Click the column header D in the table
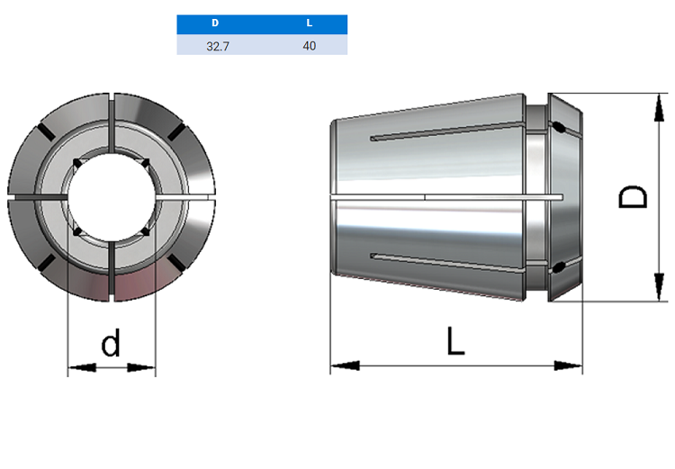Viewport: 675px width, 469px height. click(215, 23)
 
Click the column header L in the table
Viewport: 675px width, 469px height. click(309, 23)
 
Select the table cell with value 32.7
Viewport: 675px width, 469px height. click(218, 46)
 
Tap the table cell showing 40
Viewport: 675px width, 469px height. click(309, 46)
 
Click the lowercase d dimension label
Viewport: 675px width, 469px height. click(111, 343)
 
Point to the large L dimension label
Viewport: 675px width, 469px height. click(456, 341)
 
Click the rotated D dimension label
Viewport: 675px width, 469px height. click(633, 197)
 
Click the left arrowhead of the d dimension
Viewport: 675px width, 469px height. click(82, 368)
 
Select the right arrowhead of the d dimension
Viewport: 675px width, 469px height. click(141, 368)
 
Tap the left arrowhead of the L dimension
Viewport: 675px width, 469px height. click(345, 366)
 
